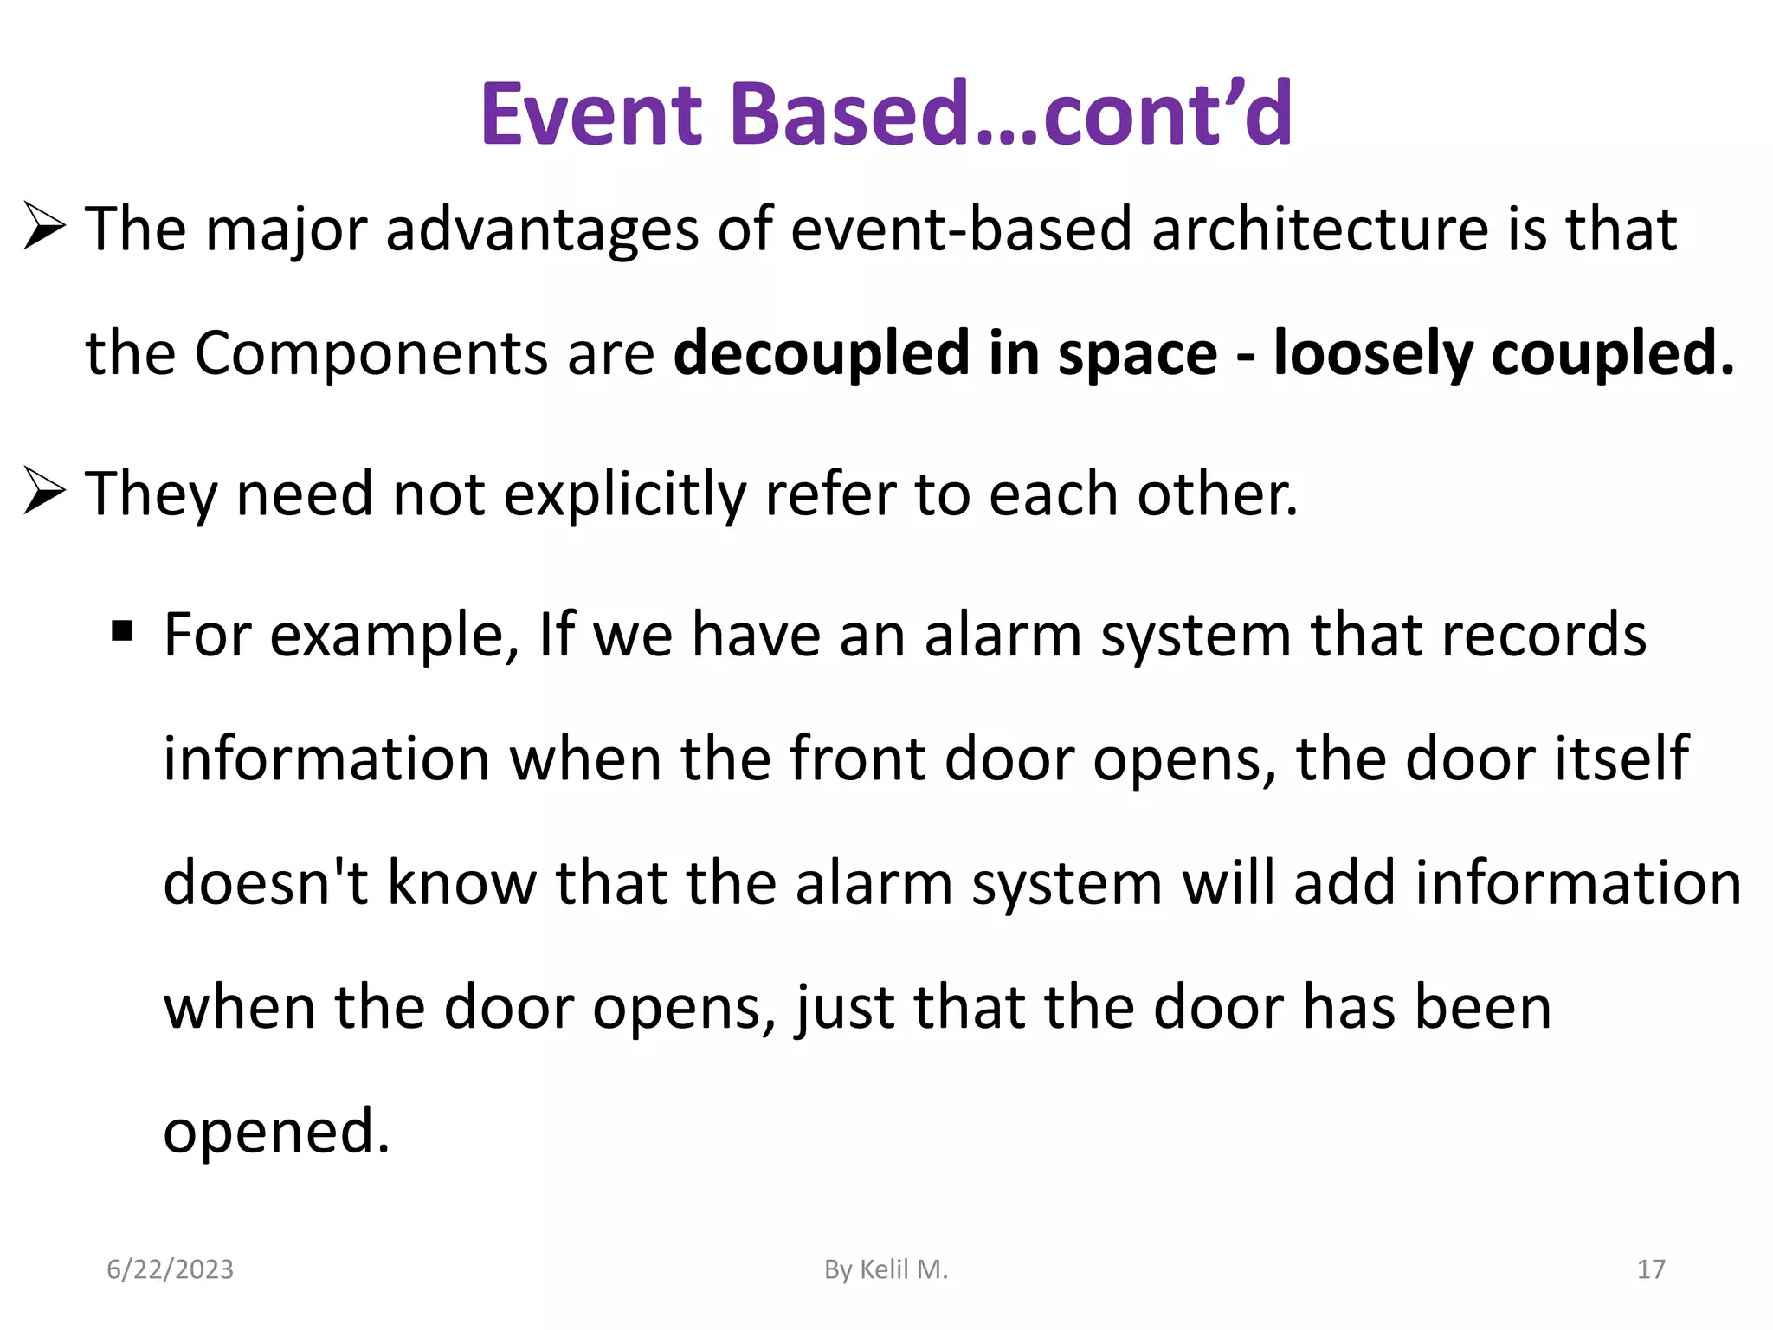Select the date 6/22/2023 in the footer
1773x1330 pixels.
click(170, 1269)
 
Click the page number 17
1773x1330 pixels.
click(1651, 1269)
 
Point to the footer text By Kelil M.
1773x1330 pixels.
click(886, 1269)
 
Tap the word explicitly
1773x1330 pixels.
click(624, 494)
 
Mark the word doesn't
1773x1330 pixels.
click(265, 883)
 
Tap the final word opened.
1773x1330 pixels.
click(275, 1133)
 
